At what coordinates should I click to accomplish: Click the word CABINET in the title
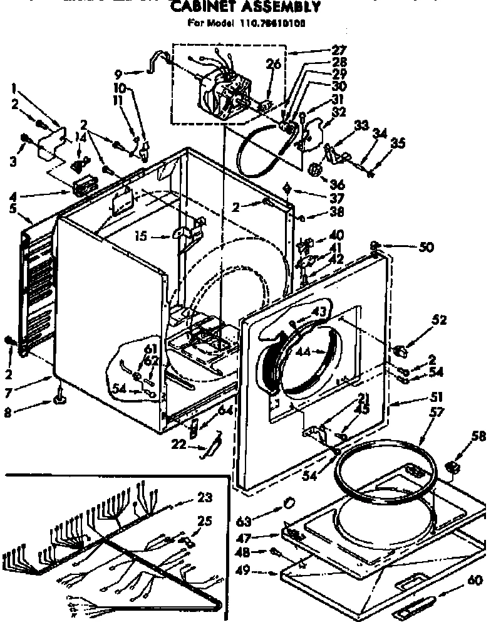tap(202, 8)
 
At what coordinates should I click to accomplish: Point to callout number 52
tap(439, 320)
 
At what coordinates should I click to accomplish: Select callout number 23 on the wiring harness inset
tap(204, 499)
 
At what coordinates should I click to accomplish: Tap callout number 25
tap(204, 521)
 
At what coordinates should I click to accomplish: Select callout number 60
tap(476, 580)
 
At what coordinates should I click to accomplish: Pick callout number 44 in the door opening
tap(304, 352)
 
